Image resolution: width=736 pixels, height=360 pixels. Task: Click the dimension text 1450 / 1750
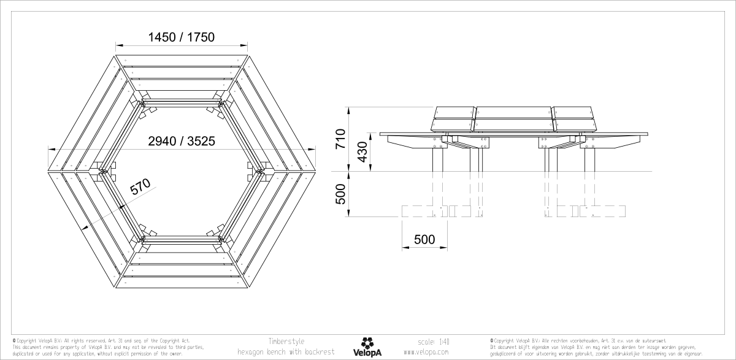click(x=181, y=37)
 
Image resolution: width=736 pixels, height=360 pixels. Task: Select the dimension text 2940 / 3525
click(x=181, y=141)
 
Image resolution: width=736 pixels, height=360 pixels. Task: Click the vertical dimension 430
click(x=363, y=152)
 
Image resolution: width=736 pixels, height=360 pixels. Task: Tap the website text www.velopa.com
click(x=426, y=353)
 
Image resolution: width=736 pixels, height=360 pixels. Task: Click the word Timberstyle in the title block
click(x=286, y=341)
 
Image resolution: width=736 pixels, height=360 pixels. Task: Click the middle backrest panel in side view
click(x=514, y=118)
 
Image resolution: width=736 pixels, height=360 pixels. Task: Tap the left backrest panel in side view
click(x=454, y=118)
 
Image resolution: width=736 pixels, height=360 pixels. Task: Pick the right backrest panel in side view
click(x=574, y=118)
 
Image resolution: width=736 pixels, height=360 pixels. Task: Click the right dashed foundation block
click(x=586, y=212)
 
